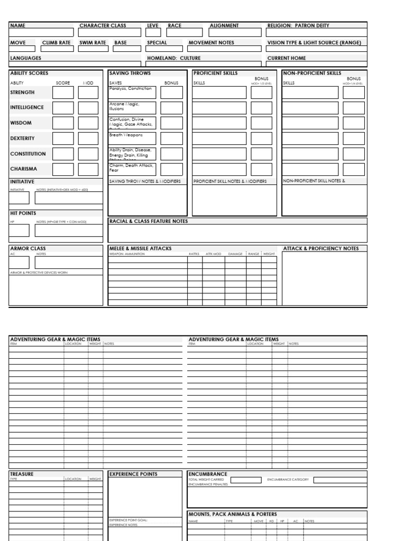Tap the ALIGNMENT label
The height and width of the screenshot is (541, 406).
pos(224,25)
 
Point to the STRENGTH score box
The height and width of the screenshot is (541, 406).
pos(63,92)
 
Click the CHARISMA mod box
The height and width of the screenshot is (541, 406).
pos(88,170)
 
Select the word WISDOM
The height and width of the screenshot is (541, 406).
pos(21,123)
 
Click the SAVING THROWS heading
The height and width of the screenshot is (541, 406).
pos(130,73)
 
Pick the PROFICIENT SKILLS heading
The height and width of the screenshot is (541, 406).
pos(216,73)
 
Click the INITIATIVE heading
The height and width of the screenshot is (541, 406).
pos(22,181)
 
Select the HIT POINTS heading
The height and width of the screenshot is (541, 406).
pos(23,213)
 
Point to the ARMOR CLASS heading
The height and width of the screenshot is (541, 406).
pos(28,248)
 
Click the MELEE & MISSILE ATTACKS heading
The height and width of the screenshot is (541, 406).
pos(140,248)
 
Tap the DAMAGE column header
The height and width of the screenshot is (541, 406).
pos(235,254)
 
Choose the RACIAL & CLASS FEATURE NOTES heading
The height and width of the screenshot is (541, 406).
pos(149,221)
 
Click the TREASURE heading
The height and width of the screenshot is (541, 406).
pos(22,474)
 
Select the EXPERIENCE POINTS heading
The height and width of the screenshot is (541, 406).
pos(133,474)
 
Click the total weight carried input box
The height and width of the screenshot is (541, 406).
pos(246,480)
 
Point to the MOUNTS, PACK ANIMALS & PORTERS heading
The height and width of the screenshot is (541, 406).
pos(233,514)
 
